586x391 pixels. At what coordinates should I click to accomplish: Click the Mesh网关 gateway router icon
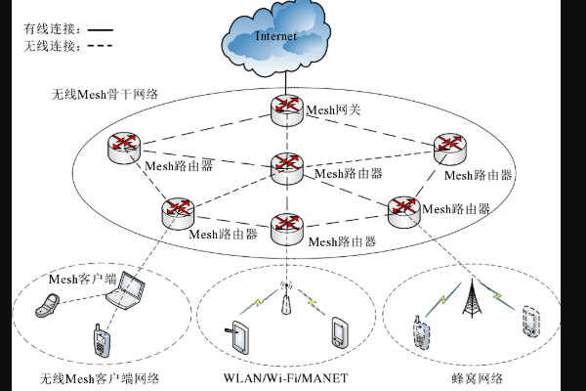pyautogui.click(x=287, y=109)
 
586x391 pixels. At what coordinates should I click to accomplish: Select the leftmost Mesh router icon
pyautogui.click(x=124, y=147)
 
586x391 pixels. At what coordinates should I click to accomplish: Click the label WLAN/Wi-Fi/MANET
pyautogui.click(x=287, y=377)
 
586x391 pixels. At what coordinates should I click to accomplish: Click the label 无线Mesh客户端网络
pyautogui.click(x=99, y=378)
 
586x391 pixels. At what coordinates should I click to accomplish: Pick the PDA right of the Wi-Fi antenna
pyautogui.click(x=339, y=332)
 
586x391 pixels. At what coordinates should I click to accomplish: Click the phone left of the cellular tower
pyautogui.click(x=420, y=331)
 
